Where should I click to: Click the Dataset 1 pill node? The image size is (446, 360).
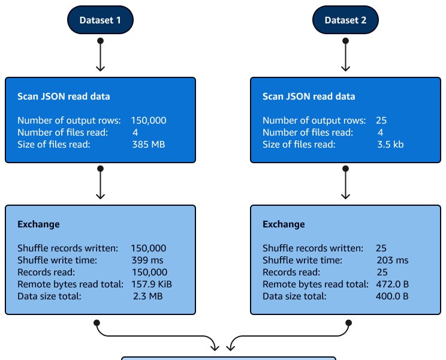coord(100,20)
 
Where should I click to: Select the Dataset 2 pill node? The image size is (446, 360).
coord(345,20)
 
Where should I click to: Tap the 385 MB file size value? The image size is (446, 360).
coord(148,144)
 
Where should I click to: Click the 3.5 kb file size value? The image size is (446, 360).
coord(390,144)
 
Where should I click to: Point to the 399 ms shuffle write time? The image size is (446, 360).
coord(147,260)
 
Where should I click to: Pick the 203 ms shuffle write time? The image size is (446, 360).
coord(392,260)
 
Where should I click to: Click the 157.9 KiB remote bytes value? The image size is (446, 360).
coord(152,284)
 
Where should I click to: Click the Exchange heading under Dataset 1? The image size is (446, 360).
coord(38,224)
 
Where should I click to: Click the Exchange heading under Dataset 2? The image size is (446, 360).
coord(284,224)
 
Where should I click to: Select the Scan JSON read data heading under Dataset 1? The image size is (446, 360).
coord(64,96)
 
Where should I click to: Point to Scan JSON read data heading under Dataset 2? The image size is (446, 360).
coord(309,96)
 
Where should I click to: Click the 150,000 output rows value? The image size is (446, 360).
coord(149,120)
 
